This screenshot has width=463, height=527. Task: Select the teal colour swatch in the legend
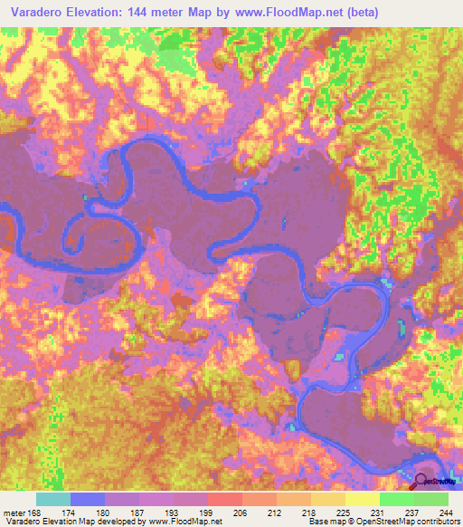coord(53,499)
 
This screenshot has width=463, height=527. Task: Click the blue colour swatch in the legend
coord(88,499)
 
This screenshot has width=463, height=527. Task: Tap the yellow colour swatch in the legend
coord(363,499)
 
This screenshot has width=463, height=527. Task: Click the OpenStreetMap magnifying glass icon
coord(420,481)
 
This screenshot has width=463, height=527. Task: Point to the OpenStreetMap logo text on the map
coord(441,483)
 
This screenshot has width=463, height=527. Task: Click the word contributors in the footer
coord(439,522)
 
